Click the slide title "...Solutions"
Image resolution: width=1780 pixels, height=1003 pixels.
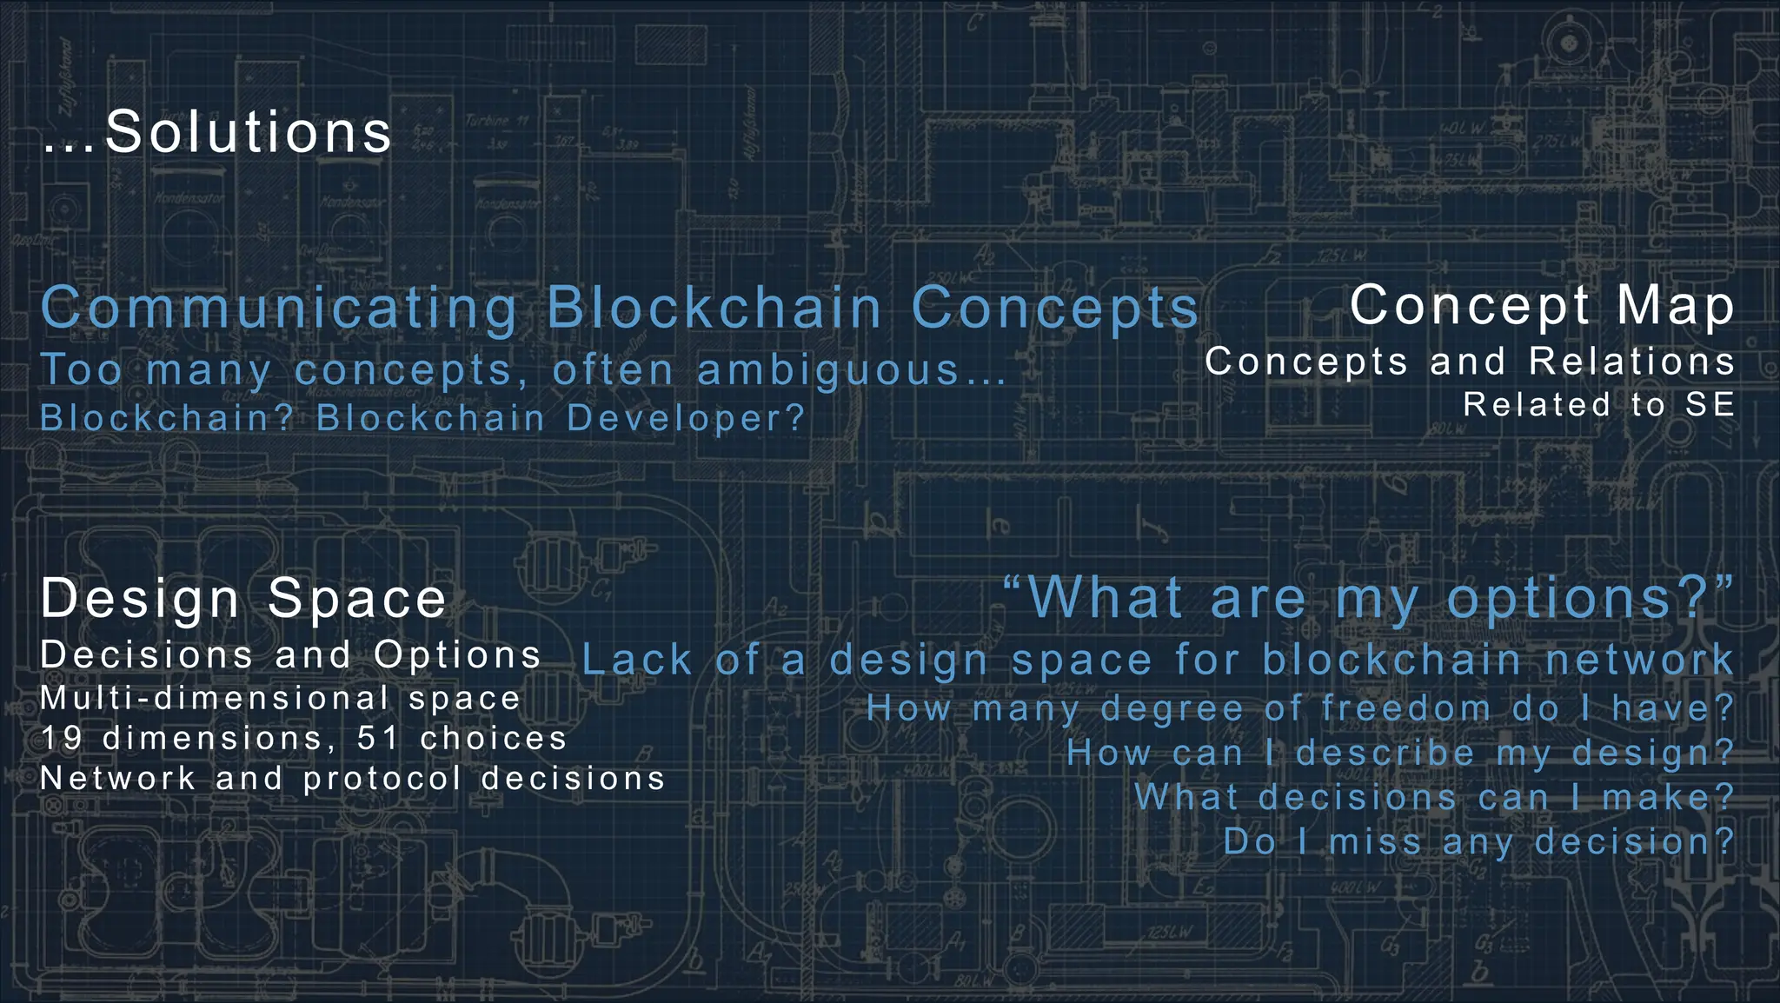(217, 132)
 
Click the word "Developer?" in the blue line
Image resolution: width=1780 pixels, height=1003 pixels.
(687, 419)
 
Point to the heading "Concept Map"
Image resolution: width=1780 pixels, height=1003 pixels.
(1542, 306)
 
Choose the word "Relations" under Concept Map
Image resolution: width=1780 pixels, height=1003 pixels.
(1631, 362)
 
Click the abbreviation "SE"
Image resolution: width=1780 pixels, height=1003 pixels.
(1710, 405)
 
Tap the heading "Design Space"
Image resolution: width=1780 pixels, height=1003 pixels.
(243, 599)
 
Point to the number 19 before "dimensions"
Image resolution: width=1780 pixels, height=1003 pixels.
(62, 739)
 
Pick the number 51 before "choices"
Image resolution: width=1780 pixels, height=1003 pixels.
(378, 739)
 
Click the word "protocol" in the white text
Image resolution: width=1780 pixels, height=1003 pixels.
(382, 779)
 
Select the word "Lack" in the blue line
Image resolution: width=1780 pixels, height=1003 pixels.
(636, 660)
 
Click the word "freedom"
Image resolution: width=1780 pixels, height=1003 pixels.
(1405, 708)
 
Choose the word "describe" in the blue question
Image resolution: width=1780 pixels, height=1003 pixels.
(1385, 753)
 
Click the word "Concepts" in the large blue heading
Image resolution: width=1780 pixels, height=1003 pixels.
(1055, 309)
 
